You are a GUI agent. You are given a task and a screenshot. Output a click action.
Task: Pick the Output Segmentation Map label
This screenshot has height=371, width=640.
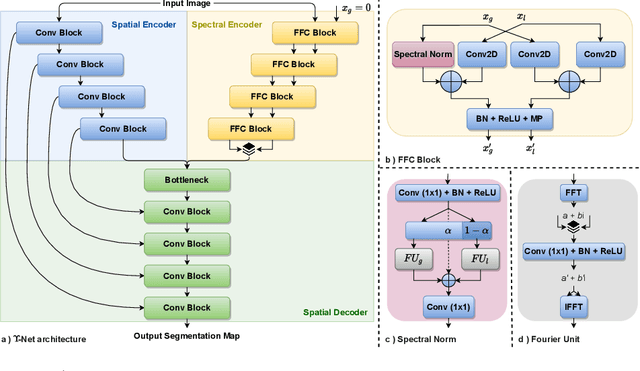188,335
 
